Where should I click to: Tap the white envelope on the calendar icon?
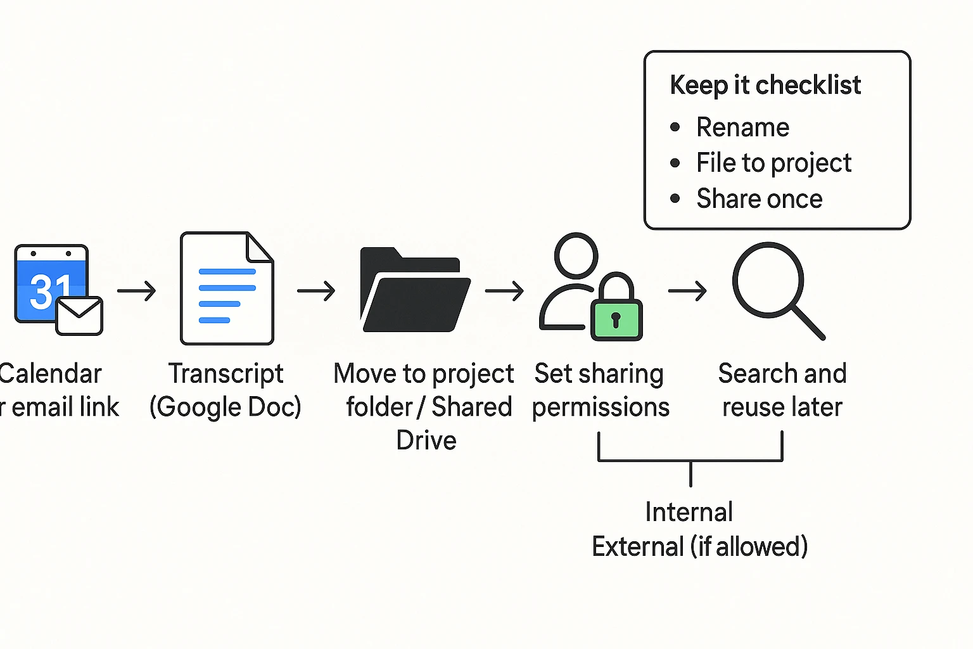click(x=80, y=316)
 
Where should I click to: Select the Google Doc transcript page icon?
click(x=227, y=288)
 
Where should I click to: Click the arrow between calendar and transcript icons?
click(x=137, y=291)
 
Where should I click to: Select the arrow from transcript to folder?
click(x=316, y=291)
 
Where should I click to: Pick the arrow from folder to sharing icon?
click(x=504, y=291)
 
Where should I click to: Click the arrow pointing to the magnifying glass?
click(x=687, y=291)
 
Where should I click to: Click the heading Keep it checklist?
click(x=765, y=85)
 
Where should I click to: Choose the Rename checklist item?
click(x=742, y=127)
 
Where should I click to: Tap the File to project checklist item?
click(x=773, y=163)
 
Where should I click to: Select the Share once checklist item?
click(x=759, y=199)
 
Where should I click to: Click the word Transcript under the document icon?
click(x=226, y=373)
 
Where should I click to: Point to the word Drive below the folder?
click(x=426, y=440)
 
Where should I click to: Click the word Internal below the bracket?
click(x=689, y=512)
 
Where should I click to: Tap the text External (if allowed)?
click(x=699, y=546)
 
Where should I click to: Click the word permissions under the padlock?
click(x=601, y=408)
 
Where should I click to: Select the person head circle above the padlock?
click(x=576, y=255)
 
